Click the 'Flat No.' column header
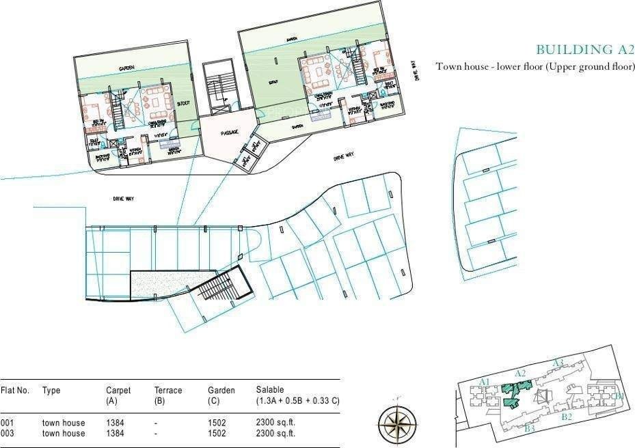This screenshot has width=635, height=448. [x=15, y=391]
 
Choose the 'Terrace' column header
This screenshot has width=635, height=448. [x=168, y=391]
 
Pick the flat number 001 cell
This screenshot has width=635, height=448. [x=8, y=423]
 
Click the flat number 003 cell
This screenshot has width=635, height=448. [x=8, y=433]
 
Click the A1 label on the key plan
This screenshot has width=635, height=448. [x=485, y=381]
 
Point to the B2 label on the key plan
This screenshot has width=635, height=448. [x=566, y=417]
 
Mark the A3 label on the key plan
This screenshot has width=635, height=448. [x=558, y=363]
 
